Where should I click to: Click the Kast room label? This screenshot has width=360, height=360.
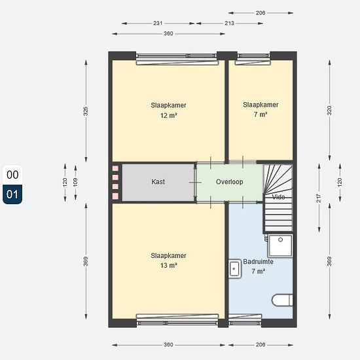[x=158, y=181]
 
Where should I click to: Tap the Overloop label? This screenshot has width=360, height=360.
[x=229, y=182]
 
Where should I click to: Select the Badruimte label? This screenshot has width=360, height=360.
[x=258, y=262]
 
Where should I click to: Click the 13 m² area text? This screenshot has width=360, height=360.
[x=168, y=265]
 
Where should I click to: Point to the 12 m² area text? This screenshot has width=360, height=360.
[x=168, y=115]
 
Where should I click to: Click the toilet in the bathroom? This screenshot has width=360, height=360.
[x=282, y=300]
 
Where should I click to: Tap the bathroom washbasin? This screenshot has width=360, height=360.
[x=234, y=268]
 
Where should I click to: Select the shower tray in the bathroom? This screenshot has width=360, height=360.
[x=280, y=245]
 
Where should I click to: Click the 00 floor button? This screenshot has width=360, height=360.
[x=12, y=175]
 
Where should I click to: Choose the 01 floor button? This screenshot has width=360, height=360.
[x=12, y=194]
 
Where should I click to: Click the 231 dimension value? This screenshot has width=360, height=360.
[x=158, y=23]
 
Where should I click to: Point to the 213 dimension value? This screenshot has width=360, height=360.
[x=229, y=23]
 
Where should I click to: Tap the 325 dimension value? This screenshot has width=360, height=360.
[x=86, y=111]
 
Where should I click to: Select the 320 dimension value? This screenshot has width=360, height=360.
[x=329, y=111]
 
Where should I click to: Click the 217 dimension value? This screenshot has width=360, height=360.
[x=319, y=198]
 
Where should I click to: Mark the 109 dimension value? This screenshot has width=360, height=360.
[x=75, y=182]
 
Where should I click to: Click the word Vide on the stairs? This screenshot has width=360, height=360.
[x=278, y=197]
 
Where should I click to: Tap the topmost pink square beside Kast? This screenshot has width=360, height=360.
[x=115, y=168]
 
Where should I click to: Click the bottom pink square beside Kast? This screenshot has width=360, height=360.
[x=115, y=196]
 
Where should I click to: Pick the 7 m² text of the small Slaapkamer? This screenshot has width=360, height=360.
[x=261, y=114]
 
